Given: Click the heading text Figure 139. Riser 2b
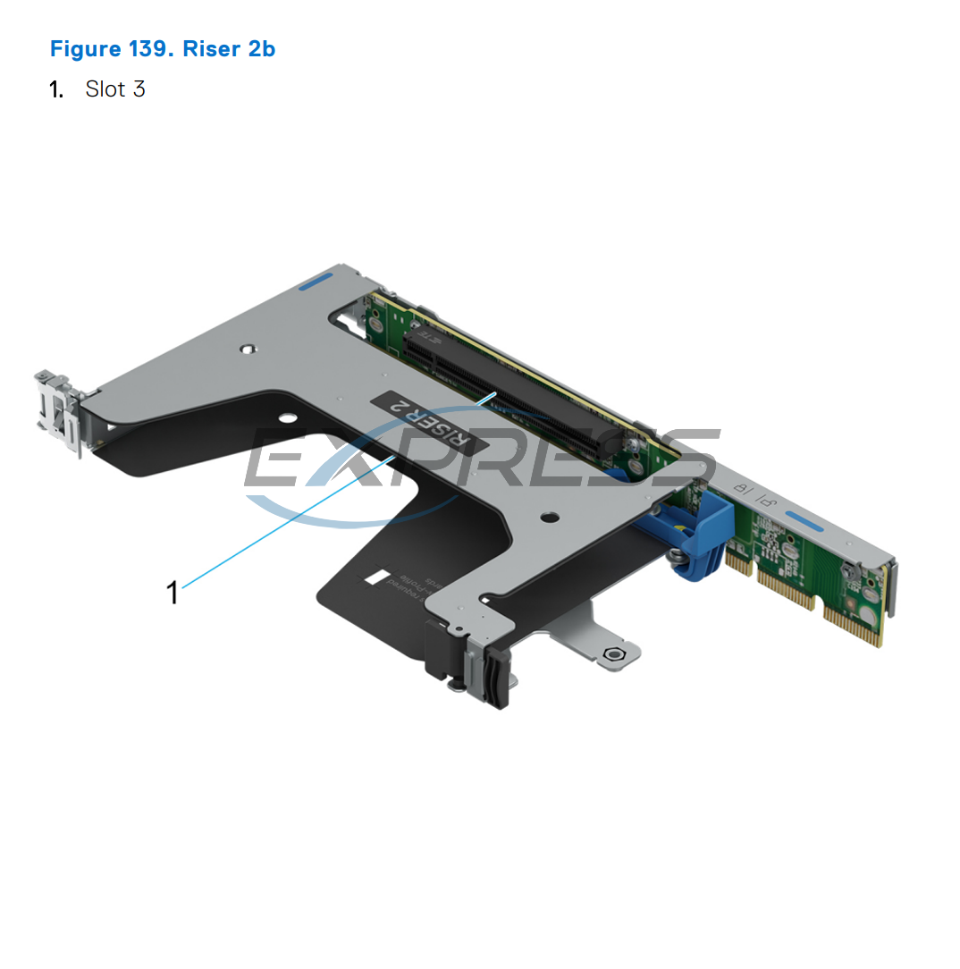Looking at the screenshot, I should point(162,48).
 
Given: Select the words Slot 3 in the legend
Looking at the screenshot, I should point(115,89).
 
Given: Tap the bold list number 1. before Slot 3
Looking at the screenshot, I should point(56,89).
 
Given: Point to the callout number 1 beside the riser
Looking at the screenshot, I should point(173,592).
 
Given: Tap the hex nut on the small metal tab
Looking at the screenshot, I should point(613,654).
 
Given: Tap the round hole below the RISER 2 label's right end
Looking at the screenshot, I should point(547,517).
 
